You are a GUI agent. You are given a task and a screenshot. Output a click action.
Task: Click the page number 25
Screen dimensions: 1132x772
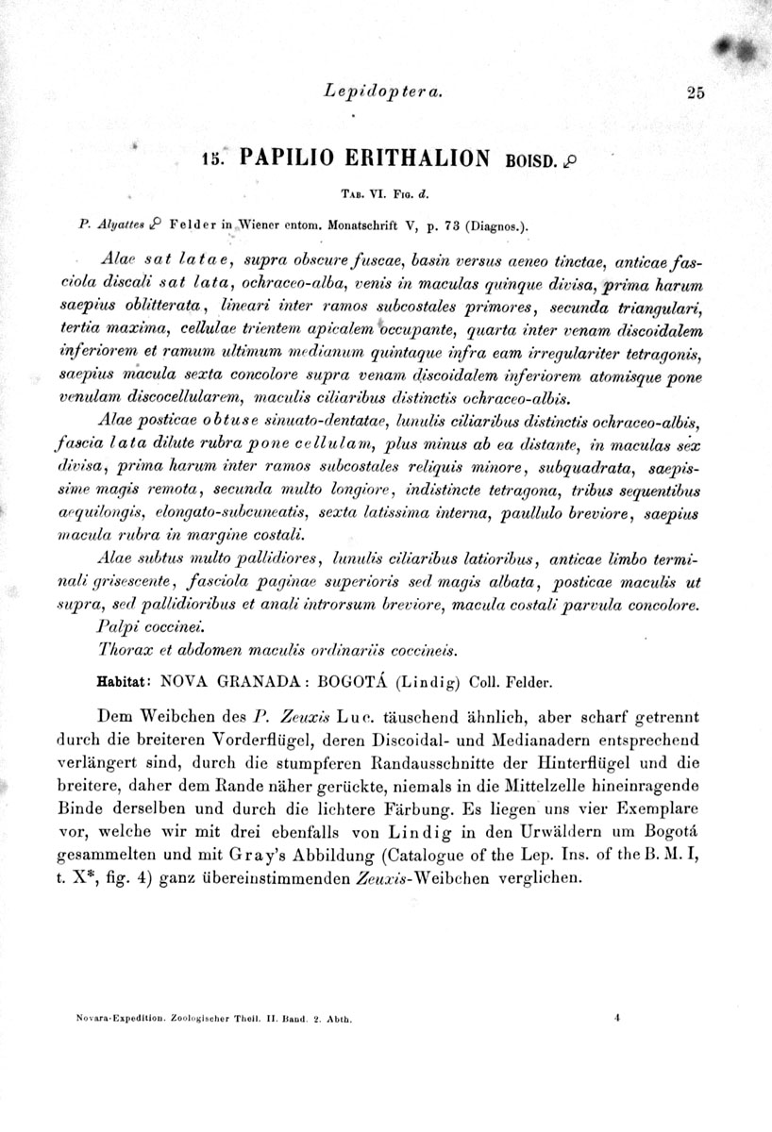click(x=697, y=92)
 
